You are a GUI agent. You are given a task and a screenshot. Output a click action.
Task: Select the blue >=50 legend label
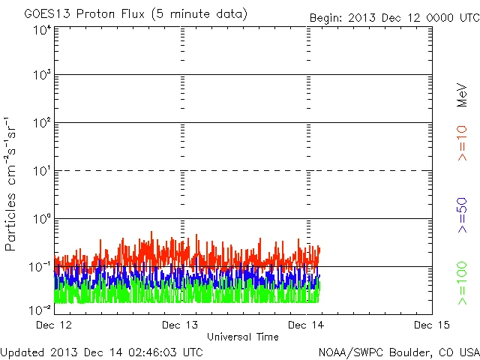[x=462, y=217]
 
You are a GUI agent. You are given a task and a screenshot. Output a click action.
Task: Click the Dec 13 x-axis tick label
[x=180, y=325]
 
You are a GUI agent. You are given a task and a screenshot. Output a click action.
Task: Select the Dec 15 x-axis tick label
[x=430, y=325]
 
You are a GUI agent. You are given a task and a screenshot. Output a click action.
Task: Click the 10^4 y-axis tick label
[x=42, y=31]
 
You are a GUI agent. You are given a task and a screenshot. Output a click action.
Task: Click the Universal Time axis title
[x=242, y=337]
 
